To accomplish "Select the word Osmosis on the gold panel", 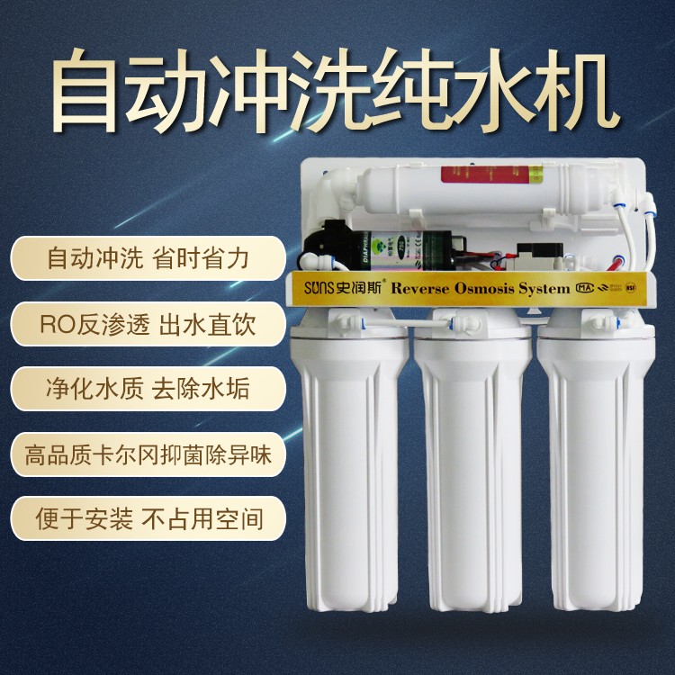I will pyautogui.click(x=490, y=289).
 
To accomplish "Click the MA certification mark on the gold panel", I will pyautogui.click(x=584, y=289).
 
